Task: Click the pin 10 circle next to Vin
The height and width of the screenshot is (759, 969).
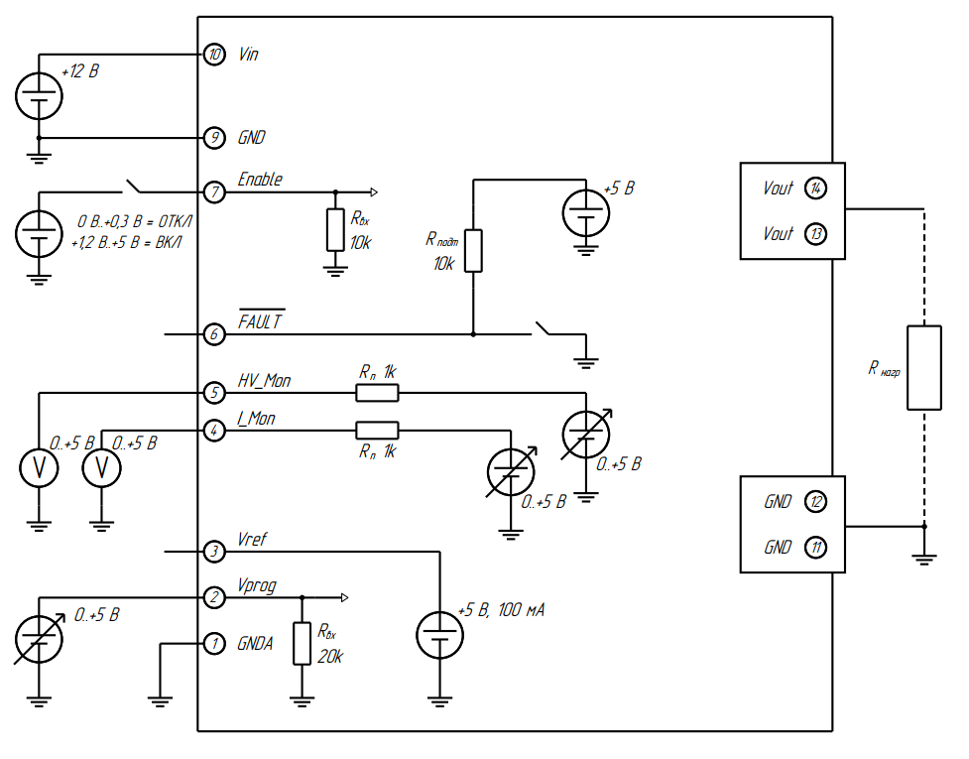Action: pos(214,55)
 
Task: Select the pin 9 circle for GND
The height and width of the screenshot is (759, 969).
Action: pos(214,137)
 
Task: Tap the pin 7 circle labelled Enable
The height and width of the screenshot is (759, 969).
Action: pos(214,191)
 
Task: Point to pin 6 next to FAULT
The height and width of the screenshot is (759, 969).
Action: pos(214,334)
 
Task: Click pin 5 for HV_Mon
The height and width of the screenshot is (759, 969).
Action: pos(214,393)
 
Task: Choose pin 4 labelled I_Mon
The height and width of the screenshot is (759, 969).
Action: pos(214,431)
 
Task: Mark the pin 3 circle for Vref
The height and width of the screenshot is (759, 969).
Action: pos(214,551)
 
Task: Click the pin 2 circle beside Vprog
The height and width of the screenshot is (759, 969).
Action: pos(214,597)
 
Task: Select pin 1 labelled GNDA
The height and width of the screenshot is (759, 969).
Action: pos(214,643)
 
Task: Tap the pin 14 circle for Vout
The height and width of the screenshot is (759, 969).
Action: pos(815,189)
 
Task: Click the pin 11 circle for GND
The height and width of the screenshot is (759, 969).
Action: pos(815,547)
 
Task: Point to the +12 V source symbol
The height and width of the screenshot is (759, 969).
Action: pos(40,96)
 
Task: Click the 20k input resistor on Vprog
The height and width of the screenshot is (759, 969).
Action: pos(303,643)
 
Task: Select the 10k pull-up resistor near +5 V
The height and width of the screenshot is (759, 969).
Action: pos(473,250)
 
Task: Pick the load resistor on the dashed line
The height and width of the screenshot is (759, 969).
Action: pos(923,367)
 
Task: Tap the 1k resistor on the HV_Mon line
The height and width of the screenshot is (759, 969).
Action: pos(378,393)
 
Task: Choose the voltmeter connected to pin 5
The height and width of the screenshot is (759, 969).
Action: pos(40,468)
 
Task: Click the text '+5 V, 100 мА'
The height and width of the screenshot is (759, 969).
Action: pos(501,609)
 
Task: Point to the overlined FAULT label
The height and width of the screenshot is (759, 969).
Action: pos(261,322)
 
